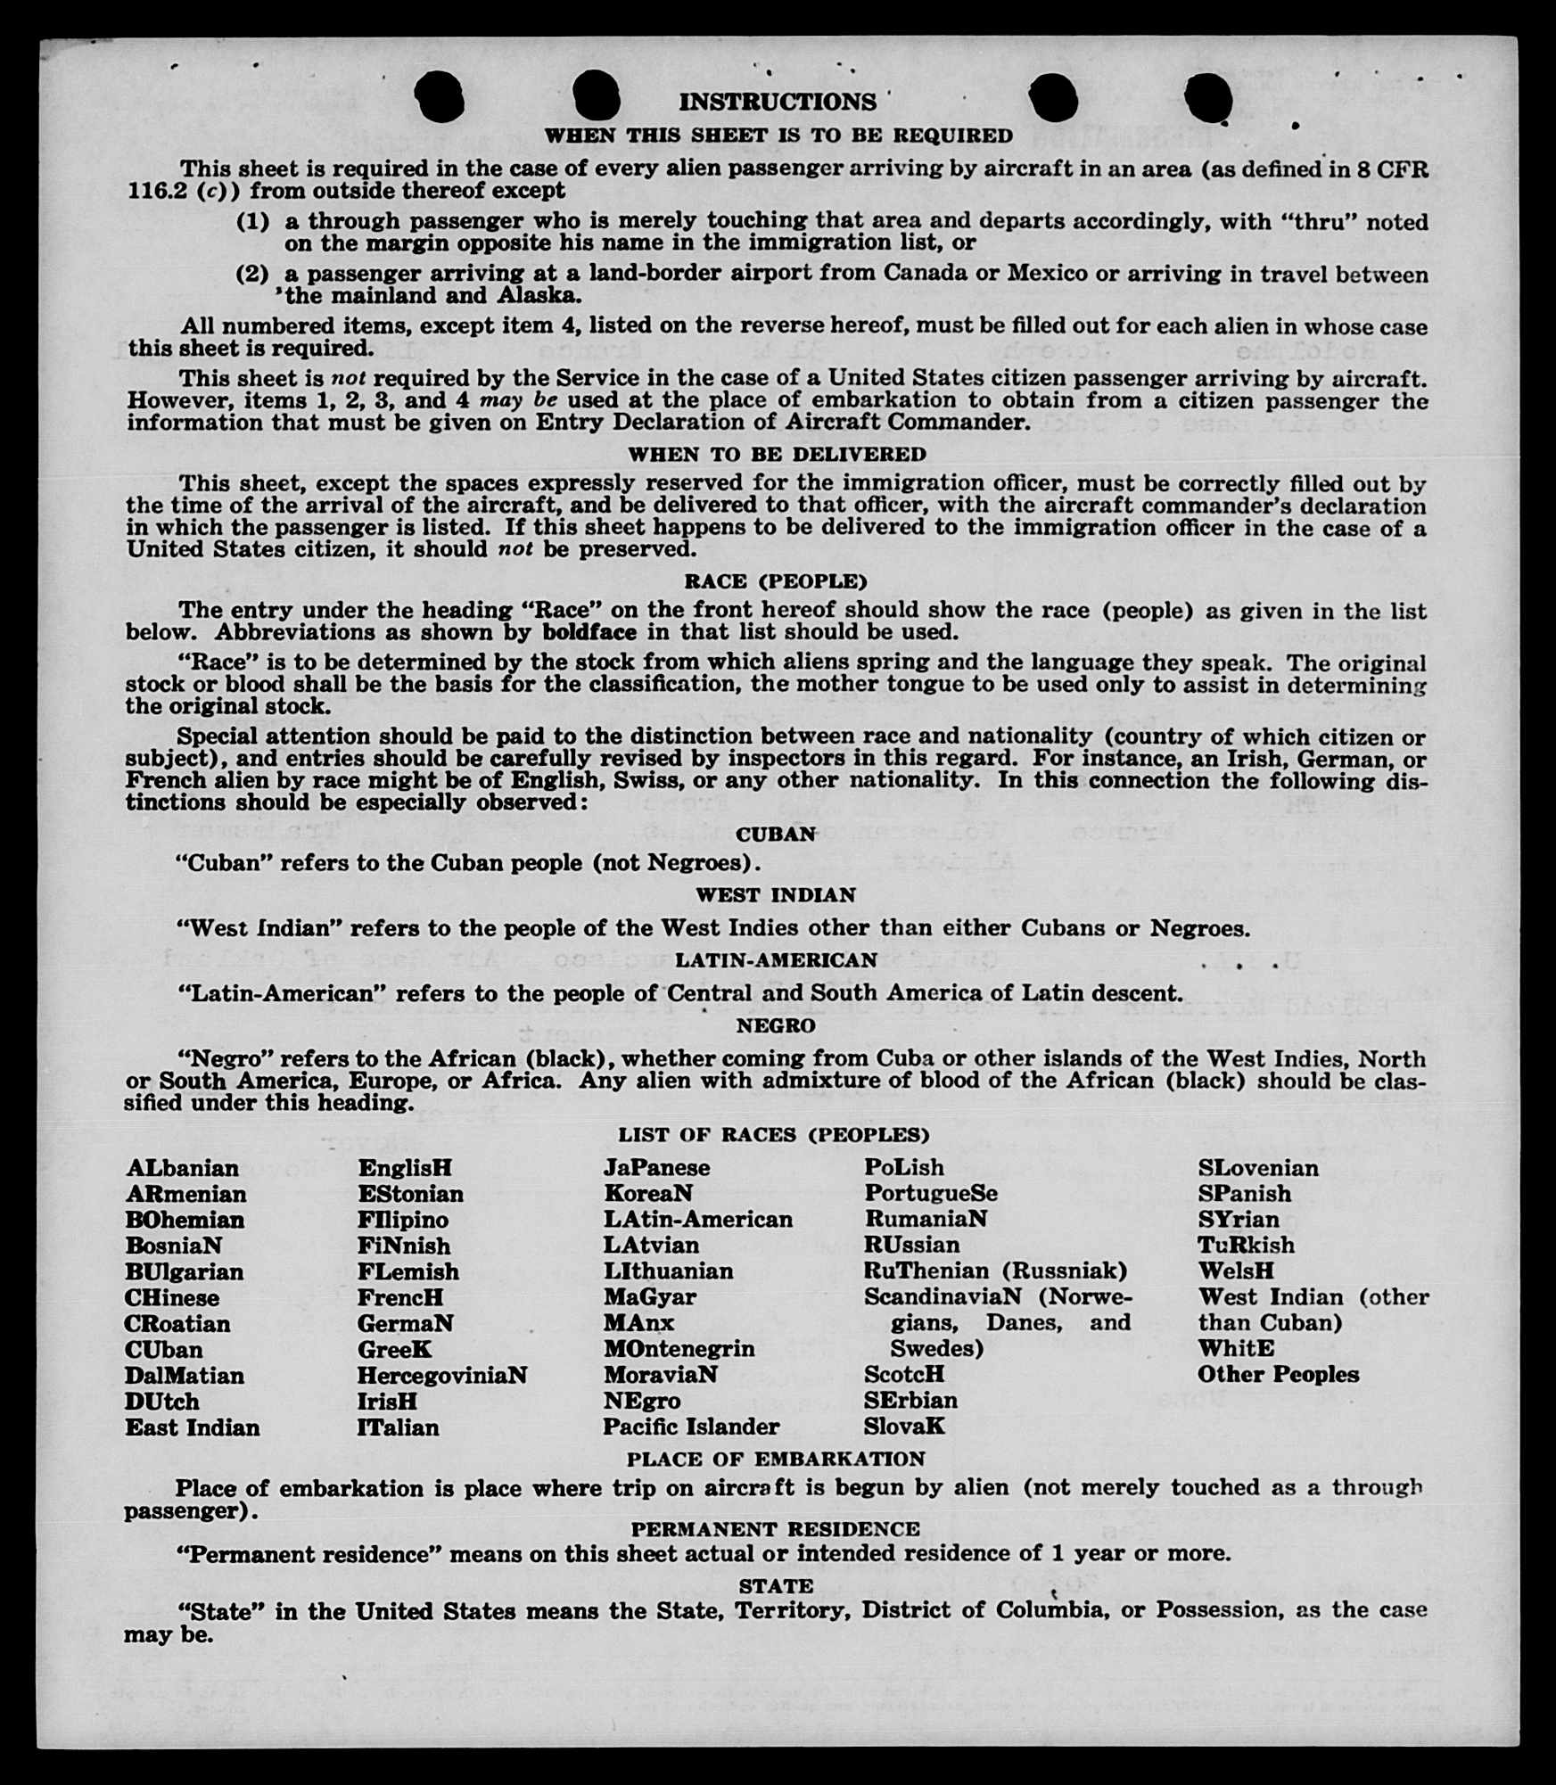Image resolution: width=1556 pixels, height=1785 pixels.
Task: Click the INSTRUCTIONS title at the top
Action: point(778,102)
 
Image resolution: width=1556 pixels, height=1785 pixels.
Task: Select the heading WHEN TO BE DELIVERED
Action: point(777,454)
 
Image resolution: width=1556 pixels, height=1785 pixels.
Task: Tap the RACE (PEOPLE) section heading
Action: point(776,581)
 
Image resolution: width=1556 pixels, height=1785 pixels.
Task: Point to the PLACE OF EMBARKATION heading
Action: point(776,1459)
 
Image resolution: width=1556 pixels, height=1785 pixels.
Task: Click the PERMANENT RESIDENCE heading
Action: point(776,1528)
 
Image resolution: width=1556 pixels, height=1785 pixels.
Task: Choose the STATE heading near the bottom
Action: point(776,1585)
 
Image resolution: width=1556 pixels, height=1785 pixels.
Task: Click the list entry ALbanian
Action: point(183,1168)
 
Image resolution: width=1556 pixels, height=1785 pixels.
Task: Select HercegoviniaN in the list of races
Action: point(442,1375)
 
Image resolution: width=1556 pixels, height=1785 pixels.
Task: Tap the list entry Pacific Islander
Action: point(691,1427)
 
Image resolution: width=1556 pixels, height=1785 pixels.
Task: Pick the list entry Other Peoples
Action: point(1278,1374)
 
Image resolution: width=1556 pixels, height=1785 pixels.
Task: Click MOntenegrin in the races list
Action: point(679,1348)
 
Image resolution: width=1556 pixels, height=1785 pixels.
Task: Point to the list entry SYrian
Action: point(1239,1219)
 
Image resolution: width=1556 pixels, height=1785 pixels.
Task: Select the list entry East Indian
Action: point(193,1427)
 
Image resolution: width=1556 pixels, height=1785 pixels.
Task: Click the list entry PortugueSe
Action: point(930,1193)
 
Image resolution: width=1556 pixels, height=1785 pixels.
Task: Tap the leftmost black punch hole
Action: point(440,95)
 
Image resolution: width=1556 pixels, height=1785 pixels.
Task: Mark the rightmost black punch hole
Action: point(1209,97)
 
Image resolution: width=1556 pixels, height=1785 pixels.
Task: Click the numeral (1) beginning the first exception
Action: point(252,221)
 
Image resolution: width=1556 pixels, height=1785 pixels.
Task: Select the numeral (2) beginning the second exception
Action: point(252,273)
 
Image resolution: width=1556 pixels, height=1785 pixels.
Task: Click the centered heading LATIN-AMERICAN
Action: point(776,960)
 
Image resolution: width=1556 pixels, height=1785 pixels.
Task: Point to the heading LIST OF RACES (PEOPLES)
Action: point(774,1134)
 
